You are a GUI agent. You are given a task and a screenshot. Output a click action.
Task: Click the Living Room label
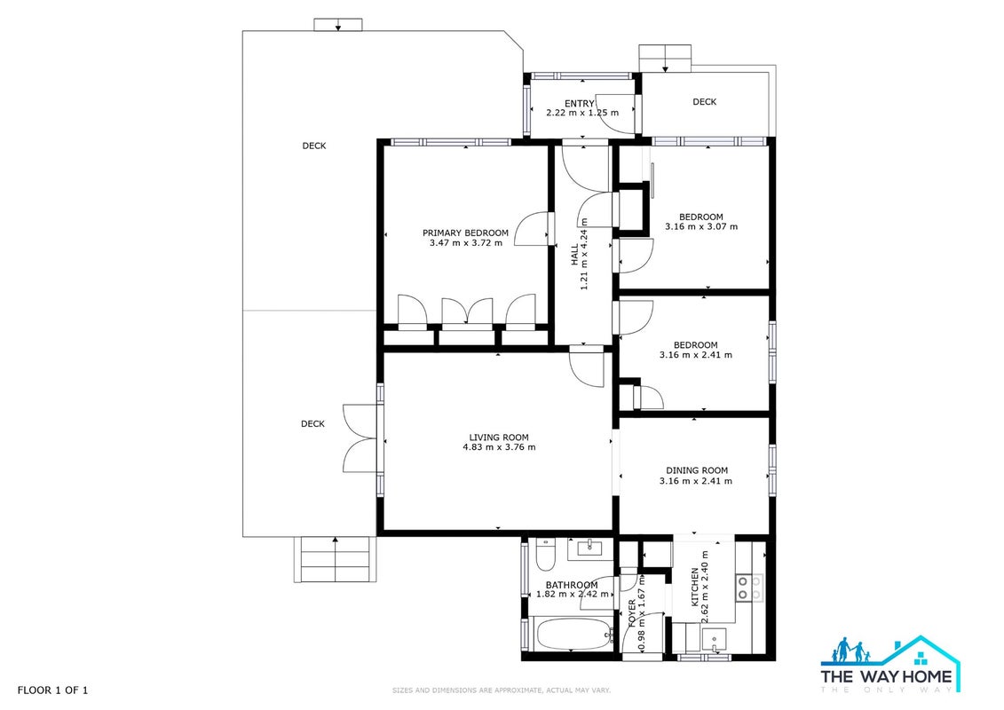coord(499,438)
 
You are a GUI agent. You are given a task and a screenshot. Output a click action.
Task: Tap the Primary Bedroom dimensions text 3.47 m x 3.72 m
coord(465,243)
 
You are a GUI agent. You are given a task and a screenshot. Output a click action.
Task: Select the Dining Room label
coord(697,470)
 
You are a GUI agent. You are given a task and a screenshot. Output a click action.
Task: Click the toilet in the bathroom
coord(546,555)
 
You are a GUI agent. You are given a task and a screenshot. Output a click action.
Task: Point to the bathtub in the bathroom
coord(570,634)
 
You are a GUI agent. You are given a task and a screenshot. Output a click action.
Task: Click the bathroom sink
coord(587,548)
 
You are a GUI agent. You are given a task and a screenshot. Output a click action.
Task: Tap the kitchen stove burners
coord(749,588)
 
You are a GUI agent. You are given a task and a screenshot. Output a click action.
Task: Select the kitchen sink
coord(714,638)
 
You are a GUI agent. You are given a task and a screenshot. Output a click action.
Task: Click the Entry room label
coord(580,104)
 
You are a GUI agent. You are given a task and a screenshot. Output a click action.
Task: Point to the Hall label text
coord(575,254)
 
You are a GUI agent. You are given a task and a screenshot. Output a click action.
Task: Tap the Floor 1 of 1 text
coord(52,690)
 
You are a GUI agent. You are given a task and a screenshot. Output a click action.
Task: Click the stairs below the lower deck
coord(335,559)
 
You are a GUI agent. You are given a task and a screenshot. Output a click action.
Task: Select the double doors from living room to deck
coord(360,438)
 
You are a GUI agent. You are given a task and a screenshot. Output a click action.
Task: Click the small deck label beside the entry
coord(704,102)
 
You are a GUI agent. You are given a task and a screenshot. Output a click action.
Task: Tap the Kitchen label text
coord(694,587)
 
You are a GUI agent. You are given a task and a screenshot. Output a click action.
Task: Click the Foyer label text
coord(633,612)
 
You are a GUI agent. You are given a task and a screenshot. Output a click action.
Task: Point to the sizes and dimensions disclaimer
coord(502,690)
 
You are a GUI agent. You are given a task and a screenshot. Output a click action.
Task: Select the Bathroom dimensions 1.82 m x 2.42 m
coord(573,594)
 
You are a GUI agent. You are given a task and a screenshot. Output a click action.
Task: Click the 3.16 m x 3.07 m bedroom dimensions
coord(701,226)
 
